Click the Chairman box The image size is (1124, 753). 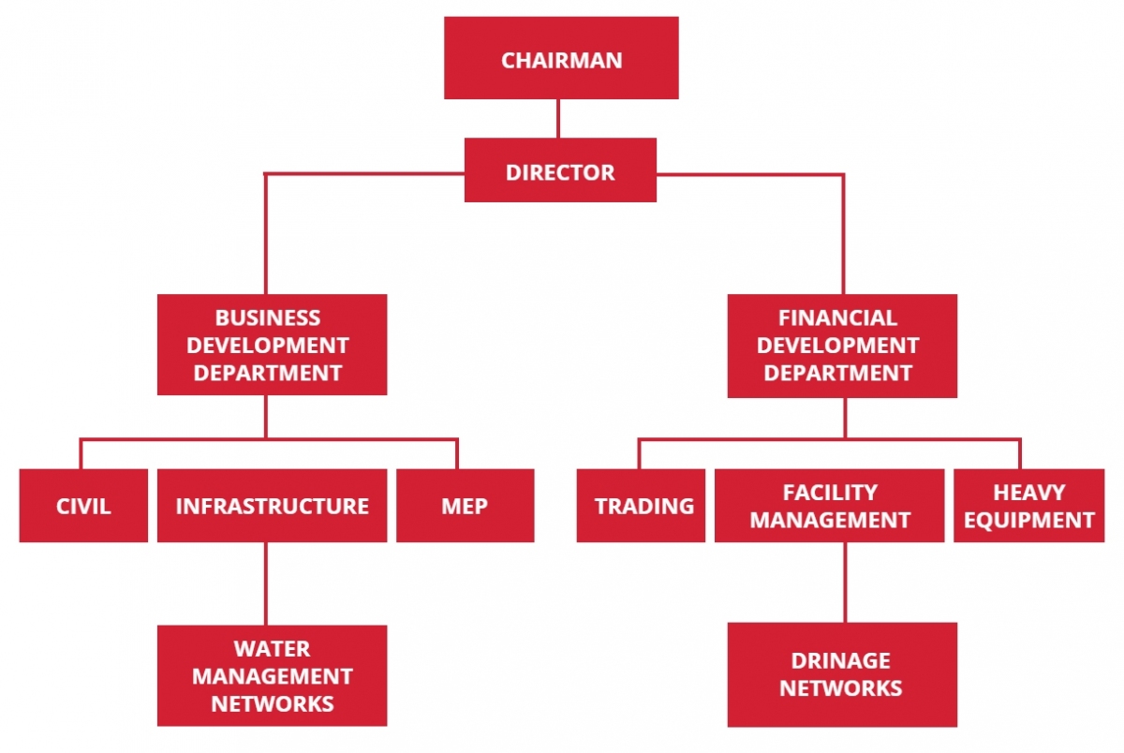(561, 58)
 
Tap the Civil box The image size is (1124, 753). (83, 506)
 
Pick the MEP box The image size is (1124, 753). (465, 506)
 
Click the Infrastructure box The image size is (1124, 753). (272, 506)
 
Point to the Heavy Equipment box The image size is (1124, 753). (1028, 506)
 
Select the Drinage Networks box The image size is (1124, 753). (842, 674)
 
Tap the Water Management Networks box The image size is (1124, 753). (272, 675)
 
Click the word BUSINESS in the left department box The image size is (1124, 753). (268, 318)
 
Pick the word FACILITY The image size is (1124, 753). (830, 493)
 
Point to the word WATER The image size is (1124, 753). (272, 648)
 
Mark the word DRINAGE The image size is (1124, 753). (841, 661)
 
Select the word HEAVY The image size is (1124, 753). (1028, 493)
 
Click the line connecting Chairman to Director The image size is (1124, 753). (558, 118)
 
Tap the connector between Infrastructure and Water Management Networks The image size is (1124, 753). (265, 583)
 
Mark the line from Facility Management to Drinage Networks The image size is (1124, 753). (844, 582)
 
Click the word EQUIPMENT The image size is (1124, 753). (1028, 520)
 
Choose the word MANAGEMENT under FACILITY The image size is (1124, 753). (830, 520)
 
